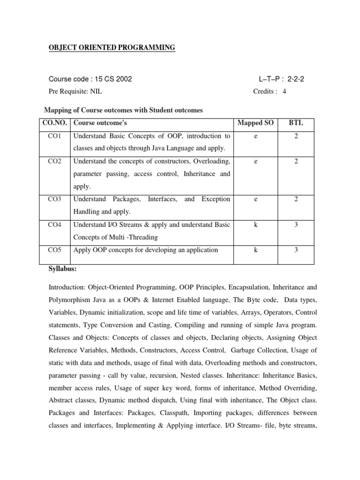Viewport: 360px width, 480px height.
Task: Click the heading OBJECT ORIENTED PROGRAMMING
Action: [112, 48]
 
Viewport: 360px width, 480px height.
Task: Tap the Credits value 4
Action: [284, 91]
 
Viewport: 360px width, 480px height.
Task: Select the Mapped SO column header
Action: [255, 123]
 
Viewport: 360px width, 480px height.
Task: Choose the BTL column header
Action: [296, 123]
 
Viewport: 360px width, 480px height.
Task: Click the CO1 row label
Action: [54, 136]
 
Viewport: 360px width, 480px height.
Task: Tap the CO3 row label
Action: [54, 199]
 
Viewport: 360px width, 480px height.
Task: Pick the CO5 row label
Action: [54, 250]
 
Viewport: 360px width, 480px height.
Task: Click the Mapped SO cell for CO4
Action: [255, 225]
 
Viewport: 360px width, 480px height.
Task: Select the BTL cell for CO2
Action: [296, 162]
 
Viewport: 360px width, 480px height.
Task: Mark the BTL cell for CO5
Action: [296, 250]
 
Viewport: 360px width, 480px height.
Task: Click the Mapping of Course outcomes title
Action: [123, 110]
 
